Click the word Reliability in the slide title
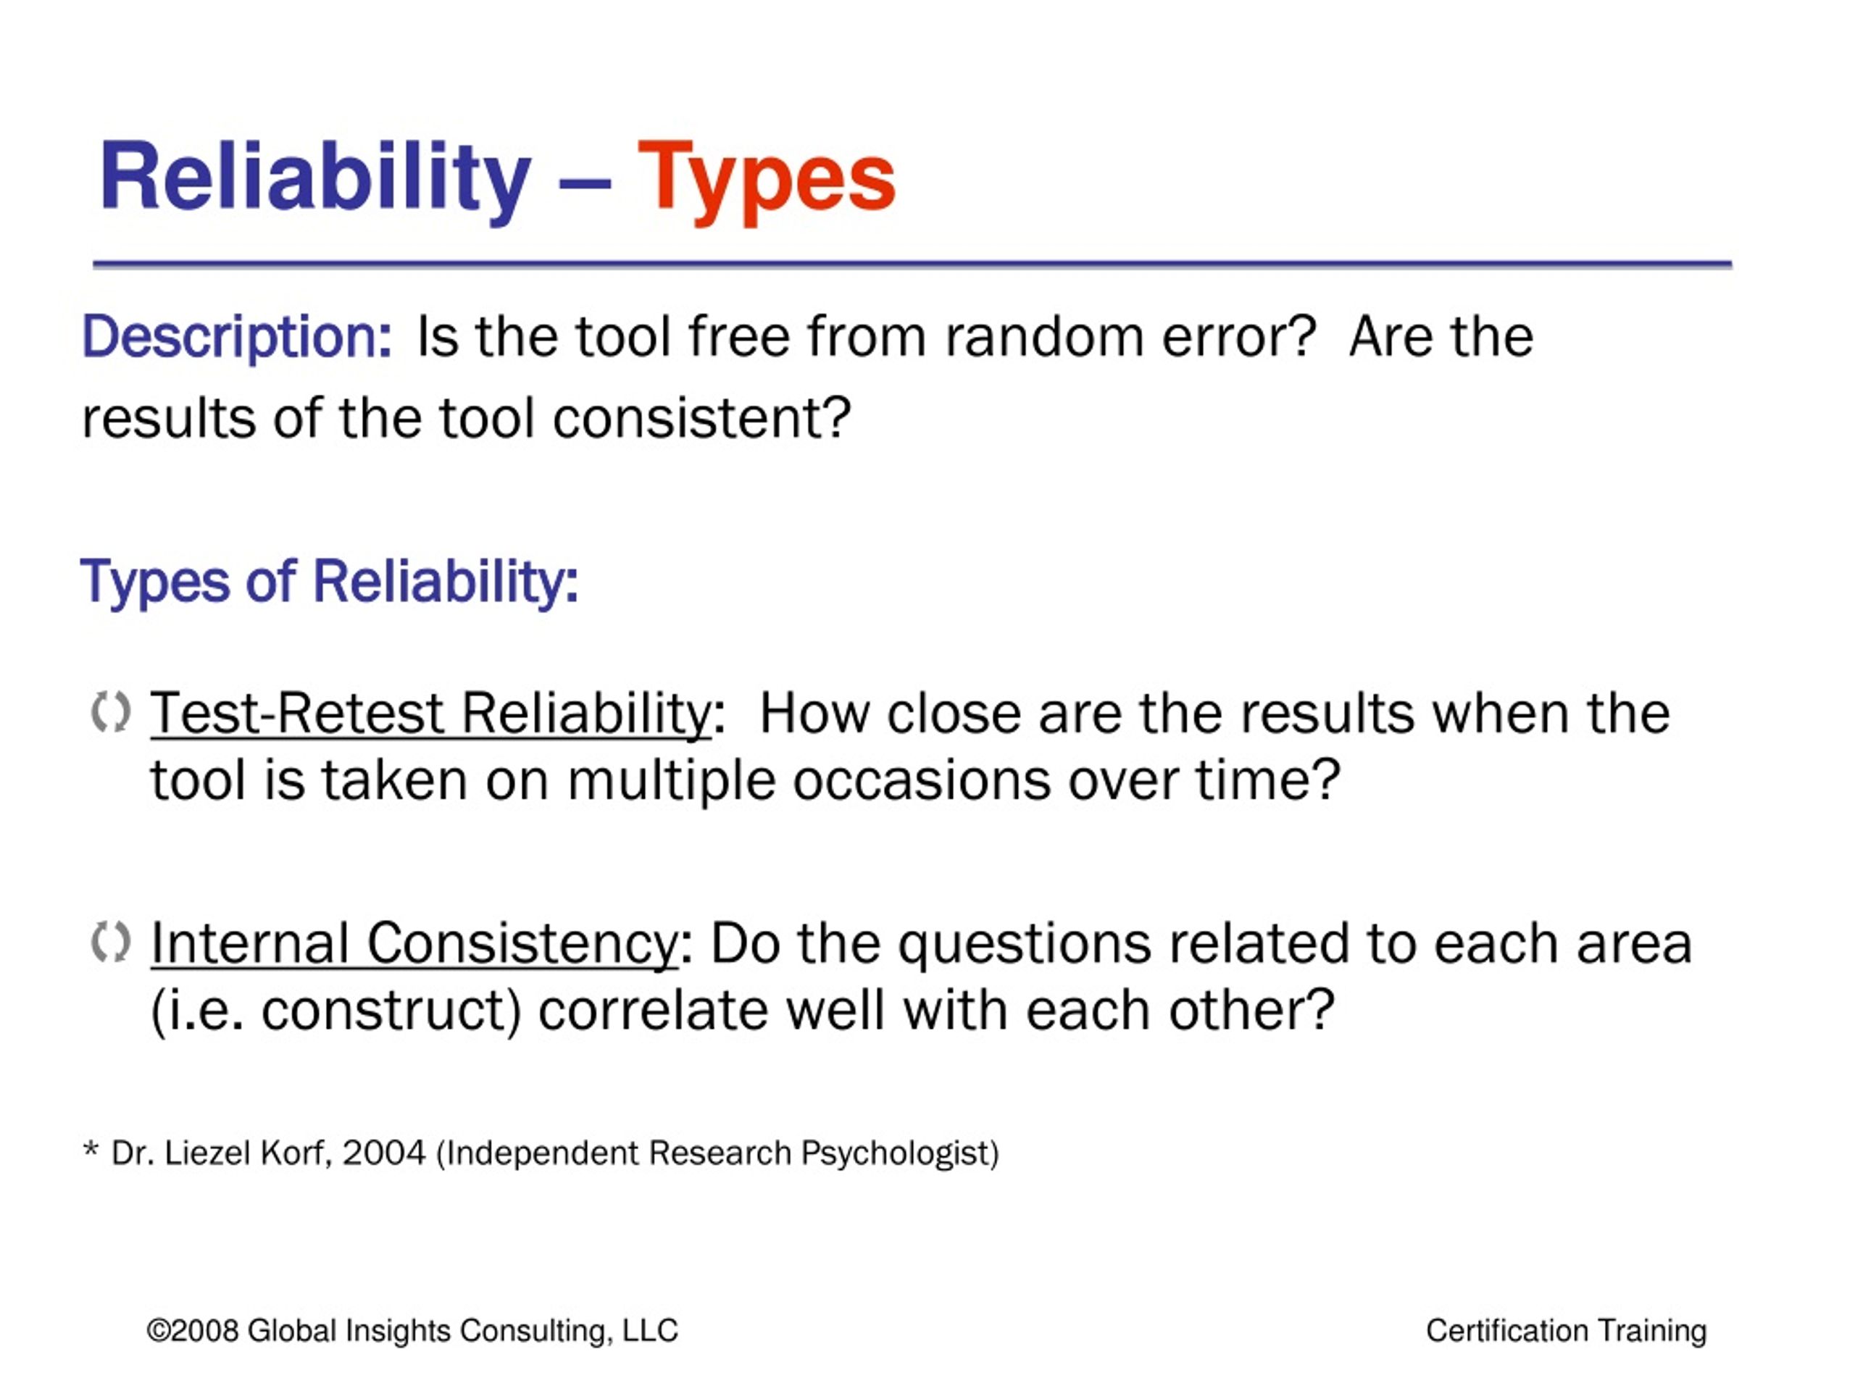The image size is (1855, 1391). pyautogui.click(x=315, y=177)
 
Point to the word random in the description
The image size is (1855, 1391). pyautogui.click(x=1043, y=336)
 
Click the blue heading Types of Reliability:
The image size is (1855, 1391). pyautogui.click(x=330, y=582)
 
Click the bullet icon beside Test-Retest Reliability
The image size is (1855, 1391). pyautogui.click(x=111, y=713)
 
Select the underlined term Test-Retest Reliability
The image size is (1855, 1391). pyautogui.click(x=430, y=714)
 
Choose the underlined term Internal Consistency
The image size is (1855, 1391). pyautogui.click(x=414, y=944)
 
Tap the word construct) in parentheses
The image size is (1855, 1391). pyautogui.click(x=391, y=1011)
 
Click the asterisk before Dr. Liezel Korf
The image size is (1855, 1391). pyautogui.click(x=91, y=1149)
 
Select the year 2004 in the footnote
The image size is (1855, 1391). pyautogui.click(x=384, y=1153)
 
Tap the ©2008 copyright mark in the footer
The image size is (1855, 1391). pyautogui.click(x=193, y=1331)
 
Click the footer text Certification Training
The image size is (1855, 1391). pyautogui.click(x=1567, y=1332)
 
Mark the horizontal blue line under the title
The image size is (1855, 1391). pyautogui.click(x=912, y=264)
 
